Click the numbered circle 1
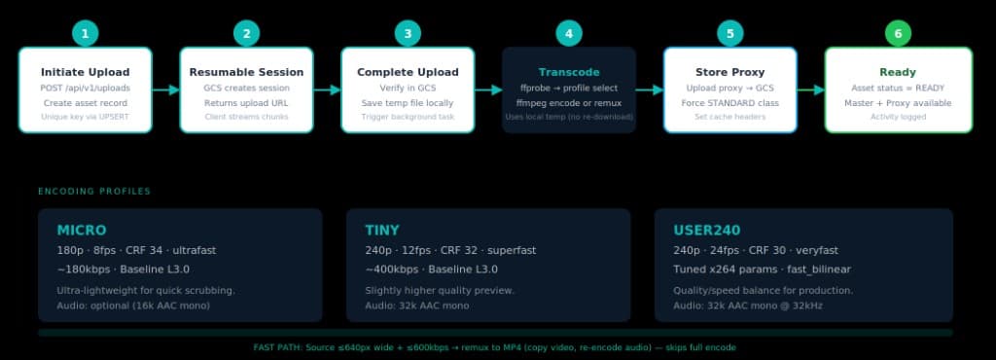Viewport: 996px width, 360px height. tap(86, 34)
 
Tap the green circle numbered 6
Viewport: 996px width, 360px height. tap(898, 34)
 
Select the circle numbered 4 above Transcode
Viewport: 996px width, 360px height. tap(569, 34)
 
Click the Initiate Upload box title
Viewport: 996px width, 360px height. tap(86, 72)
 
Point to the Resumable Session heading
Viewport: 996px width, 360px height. tap(247, 72)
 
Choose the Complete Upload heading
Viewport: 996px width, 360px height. tap(409, 72)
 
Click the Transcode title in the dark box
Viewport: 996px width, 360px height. tap(569, 72)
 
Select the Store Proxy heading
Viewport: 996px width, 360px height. tap(730, 72)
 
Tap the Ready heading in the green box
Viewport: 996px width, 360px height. tap(898, 72)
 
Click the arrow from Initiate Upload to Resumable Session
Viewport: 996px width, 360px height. tap(166, 90)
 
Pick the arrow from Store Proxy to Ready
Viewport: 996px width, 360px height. tap(811, 90)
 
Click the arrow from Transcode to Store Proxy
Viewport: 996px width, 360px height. tap(650, 90)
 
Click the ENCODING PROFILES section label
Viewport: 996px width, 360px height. tap(94, 192)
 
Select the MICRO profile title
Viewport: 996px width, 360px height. tap(82, 231)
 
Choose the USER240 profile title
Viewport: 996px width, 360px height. tap(707, 231)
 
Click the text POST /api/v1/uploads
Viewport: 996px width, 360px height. tap(86, 88)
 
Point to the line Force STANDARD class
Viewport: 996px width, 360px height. tap(730, 102)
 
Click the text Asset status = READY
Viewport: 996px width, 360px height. tap(898, 88)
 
